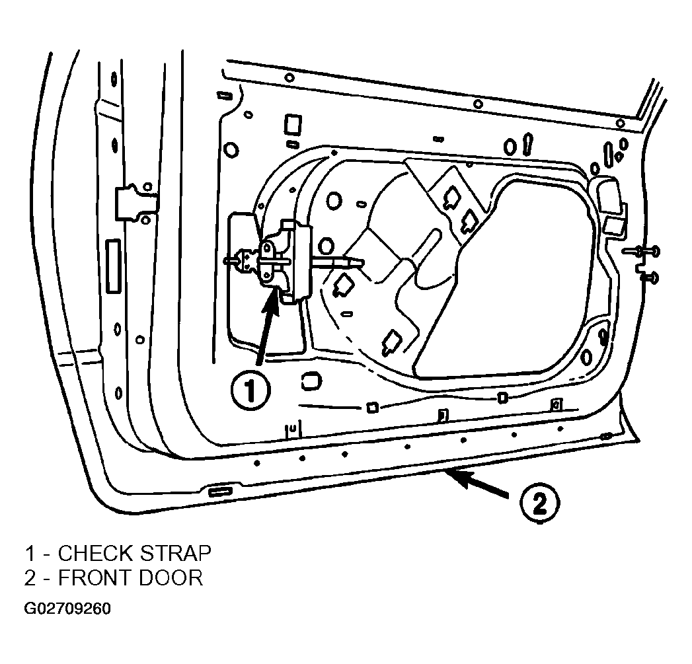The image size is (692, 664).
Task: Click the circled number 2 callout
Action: tap(539, 503)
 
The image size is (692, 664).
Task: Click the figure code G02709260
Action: tap(67, 609)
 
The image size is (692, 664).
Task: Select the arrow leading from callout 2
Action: tap(477, 484)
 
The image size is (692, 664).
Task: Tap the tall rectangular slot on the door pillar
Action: tap(114, 266)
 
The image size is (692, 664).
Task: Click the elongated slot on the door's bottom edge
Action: tap(220, 492)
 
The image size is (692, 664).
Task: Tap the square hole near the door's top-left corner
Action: tap(293, 124)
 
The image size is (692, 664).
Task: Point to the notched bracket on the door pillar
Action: tap(136, 202)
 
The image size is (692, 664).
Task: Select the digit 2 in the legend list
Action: tap(30, 578)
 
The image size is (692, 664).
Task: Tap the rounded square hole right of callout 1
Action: tap(311, 382)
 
